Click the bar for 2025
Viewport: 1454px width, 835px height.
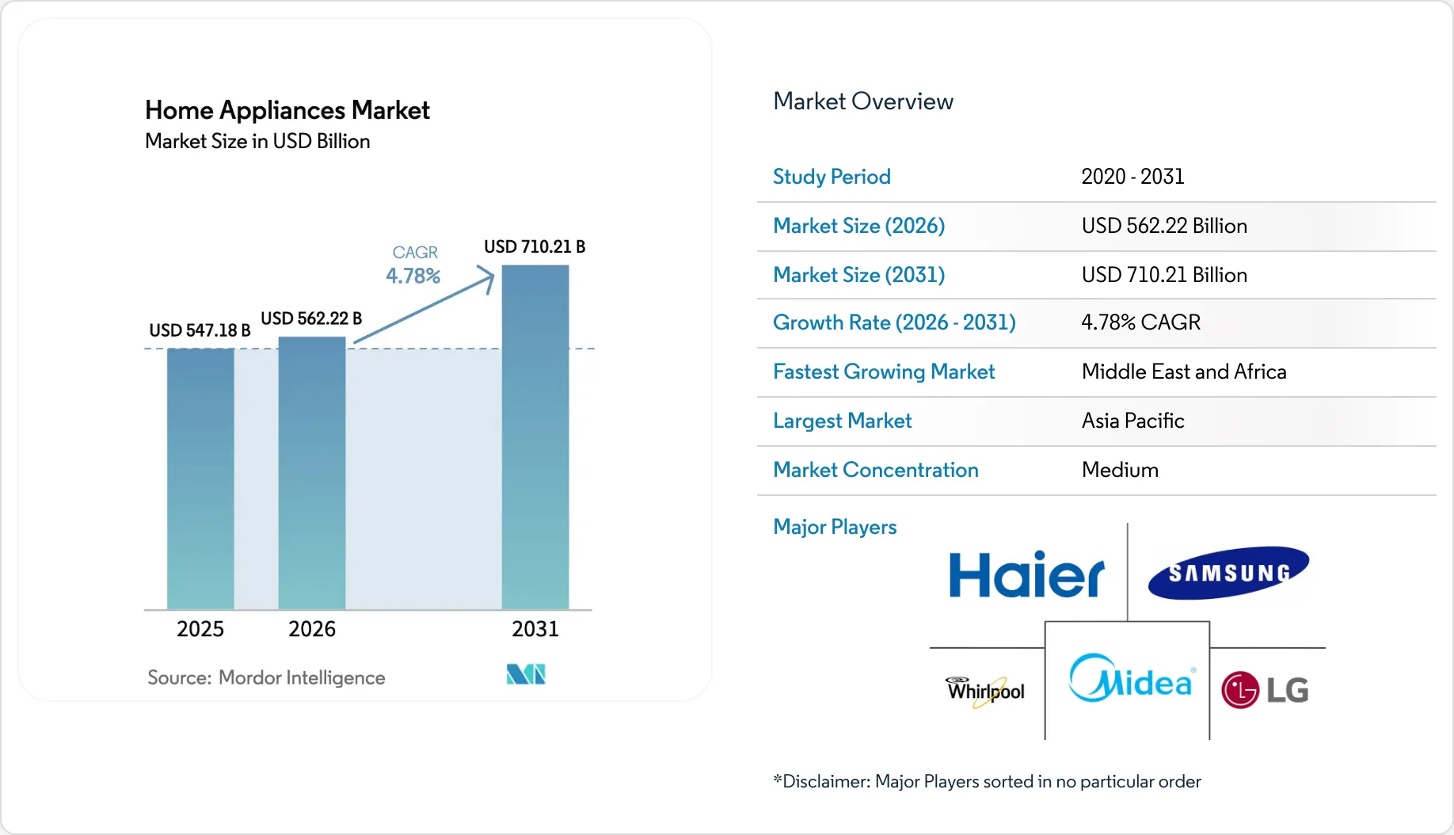coord(200,479)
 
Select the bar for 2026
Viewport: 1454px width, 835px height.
coord(312,473)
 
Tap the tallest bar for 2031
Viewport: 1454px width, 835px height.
coord(535,437)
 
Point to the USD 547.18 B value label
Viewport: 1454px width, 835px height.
coord(200,330)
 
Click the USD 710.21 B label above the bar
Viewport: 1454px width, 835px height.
coord(535,247)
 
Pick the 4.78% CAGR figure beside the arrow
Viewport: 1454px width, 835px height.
coord(413,276)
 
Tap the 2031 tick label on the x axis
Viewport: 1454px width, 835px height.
coord(535,629)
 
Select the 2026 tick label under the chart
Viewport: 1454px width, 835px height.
coord(312,629)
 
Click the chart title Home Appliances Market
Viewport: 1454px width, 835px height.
coord(287,110)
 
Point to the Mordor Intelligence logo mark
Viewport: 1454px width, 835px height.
coord(526,675)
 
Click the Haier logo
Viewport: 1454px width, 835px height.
coord(1026,575)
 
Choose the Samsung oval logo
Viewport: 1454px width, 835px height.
coord(1228,572)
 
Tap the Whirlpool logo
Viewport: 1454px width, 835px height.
coord(985,691)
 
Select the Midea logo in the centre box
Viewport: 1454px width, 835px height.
coord(1130,679)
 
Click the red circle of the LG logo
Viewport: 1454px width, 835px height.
coord(1239,690)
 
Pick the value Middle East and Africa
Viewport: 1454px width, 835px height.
coord(1184,372)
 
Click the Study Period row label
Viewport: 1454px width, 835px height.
coord(832,177)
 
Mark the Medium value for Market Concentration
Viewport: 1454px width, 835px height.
coord(1120,470)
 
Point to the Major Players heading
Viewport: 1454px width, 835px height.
coord(835,527)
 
